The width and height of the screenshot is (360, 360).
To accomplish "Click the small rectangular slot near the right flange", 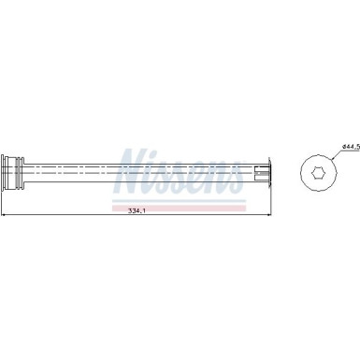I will (x=258, y=172).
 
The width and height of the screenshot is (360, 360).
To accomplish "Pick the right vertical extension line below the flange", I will (x=272, y=201).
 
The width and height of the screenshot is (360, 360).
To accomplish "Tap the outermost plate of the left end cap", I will (x=6, y=172).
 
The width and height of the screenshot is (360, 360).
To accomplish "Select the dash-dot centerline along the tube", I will (x=140, y=172).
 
